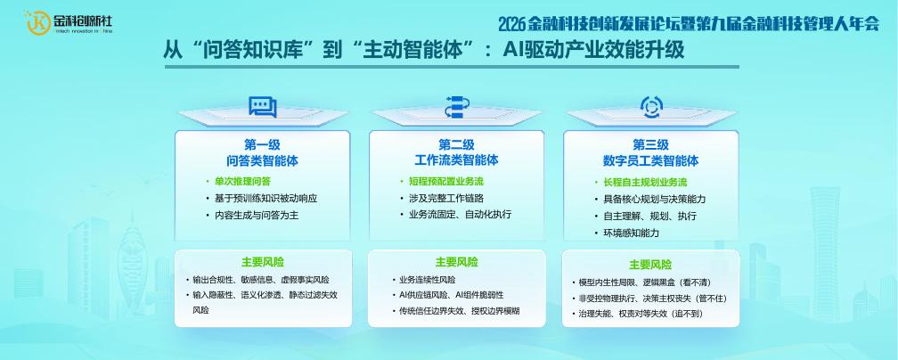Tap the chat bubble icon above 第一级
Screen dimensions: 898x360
click(x=262, y=107)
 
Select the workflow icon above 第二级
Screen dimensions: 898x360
click(x=457, y=107)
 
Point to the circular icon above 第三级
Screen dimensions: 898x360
click(x=651, y=107)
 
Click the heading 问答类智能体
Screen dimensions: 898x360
click(x=262, y=161)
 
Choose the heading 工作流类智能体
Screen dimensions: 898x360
click(x=456, y=160)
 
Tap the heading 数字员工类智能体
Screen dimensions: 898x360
click(x=650, y=161)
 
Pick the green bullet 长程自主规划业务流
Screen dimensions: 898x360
click(x=645, y=183)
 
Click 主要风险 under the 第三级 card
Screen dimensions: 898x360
click(x=650, y=265)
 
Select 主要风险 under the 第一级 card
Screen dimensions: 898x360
click(x=262, y=262)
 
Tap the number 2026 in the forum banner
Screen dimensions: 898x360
click(x=512, y=23)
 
